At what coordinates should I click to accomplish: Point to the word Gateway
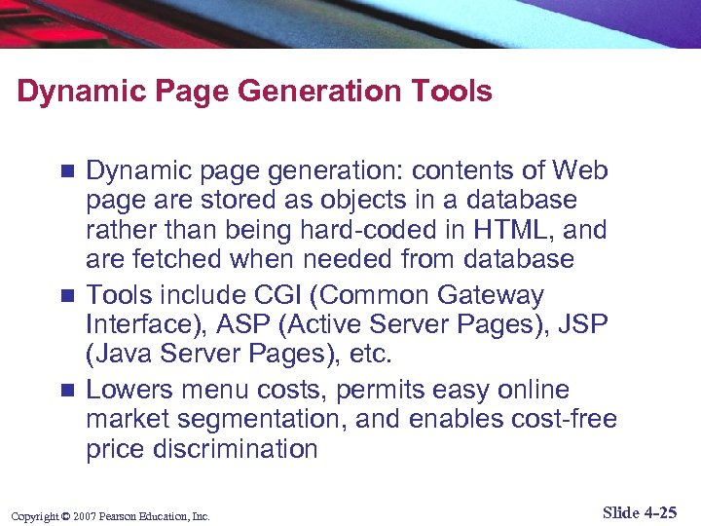[x=490, y=295]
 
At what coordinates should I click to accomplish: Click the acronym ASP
[x=262, y=323]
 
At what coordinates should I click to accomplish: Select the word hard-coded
[x=350, y=231]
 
